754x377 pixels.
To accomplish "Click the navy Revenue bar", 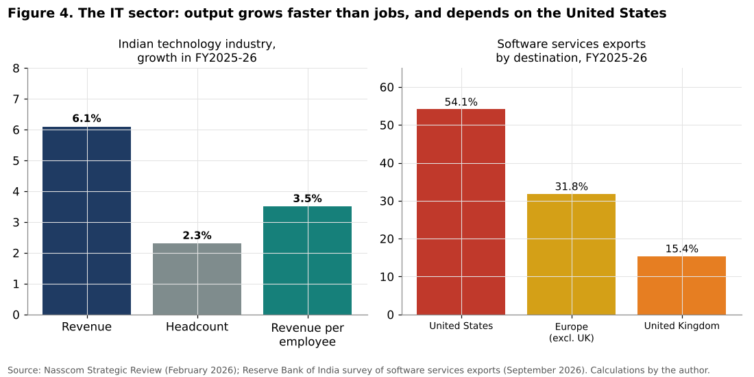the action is [86, 221].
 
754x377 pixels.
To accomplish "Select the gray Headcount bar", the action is [197, 279].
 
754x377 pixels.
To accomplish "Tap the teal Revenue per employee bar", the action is [307, 260].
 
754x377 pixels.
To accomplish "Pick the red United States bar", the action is [461, 212].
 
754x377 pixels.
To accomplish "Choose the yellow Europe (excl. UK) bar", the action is [571, 254].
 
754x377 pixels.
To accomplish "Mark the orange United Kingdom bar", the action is [681, 286].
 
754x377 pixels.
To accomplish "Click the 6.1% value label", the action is [86, 119].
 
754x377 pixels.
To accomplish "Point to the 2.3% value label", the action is [197, 236].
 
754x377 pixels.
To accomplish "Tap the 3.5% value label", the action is [307, 199].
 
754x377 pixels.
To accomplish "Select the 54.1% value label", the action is [461, 102].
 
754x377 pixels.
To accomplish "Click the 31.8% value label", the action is [571, 186].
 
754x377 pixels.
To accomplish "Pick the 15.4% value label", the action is [681, 249].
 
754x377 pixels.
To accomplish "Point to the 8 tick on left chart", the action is [16, 69].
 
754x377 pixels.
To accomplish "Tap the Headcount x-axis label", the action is [197, 327].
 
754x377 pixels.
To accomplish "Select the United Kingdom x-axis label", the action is [681, 326].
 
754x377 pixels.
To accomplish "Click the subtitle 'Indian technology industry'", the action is [197, 45].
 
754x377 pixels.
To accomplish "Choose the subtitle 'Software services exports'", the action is [571, 45].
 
